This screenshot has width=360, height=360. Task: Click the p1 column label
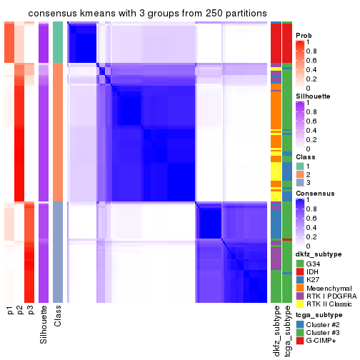[x=10, y=311]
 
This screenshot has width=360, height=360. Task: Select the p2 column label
[x=20, y=311]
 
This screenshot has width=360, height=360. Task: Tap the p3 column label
[x=30, y=311]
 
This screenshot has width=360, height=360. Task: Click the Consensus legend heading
[x=314, y=194]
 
